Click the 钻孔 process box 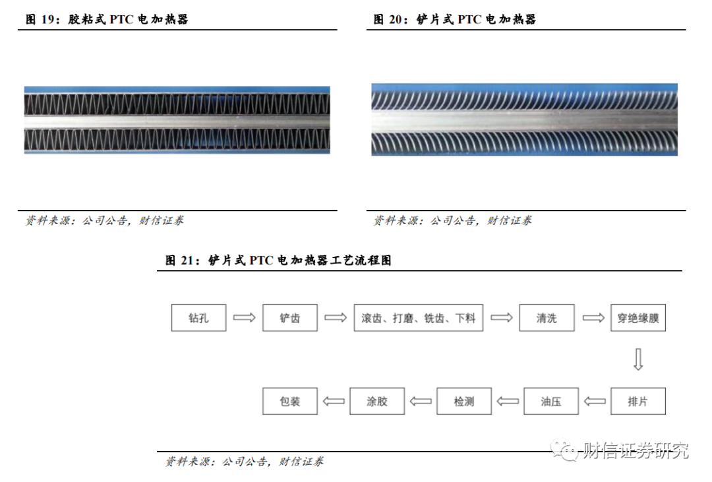click(198, 318)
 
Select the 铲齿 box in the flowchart click(289, 318)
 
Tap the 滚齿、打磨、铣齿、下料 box click(418, 318)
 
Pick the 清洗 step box click(547, 318)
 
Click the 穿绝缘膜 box click(638, 318)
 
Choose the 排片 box click(638, 401)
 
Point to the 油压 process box click(550, 401)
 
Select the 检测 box click(464, 401)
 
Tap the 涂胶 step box click(377, 401)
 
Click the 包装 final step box click(289, 401)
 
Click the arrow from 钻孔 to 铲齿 click(245, 318)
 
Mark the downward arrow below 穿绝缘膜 click(638, 359)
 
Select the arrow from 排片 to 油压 click(595, 401)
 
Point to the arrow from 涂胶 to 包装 click(334, 401)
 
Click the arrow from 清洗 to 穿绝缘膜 click(593, 318)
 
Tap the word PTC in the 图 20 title click(469, 20)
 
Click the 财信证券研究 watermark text click(636, 450)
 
